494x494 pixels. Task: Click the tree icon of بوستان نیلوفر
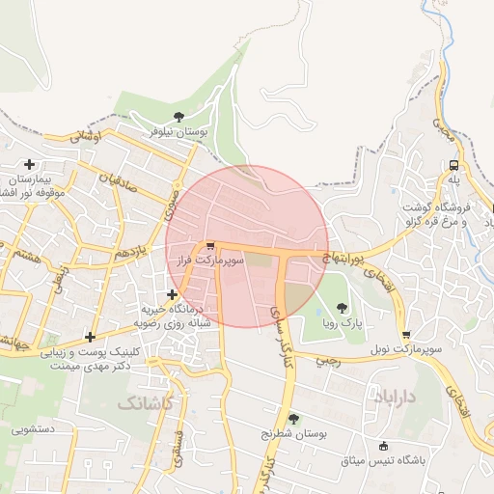[x=178, y=118]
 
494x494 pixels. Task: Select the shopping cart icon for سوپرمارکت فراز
[x=210, y=246]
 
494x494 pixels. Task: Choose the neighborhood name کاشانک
[x=145, y=401]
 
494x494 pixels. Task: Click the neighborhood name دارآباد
[x=390, y=396]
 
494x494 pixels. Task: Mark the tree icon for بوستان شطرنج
[x=293, y=418]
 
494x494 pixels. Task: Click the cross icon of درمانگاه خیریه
[x=172, y=294]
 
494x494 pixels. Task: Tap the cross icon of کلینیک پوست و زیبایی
[x=90, y=337]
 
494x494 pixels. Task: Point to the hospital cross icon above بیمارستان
[x=30, y=165]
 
